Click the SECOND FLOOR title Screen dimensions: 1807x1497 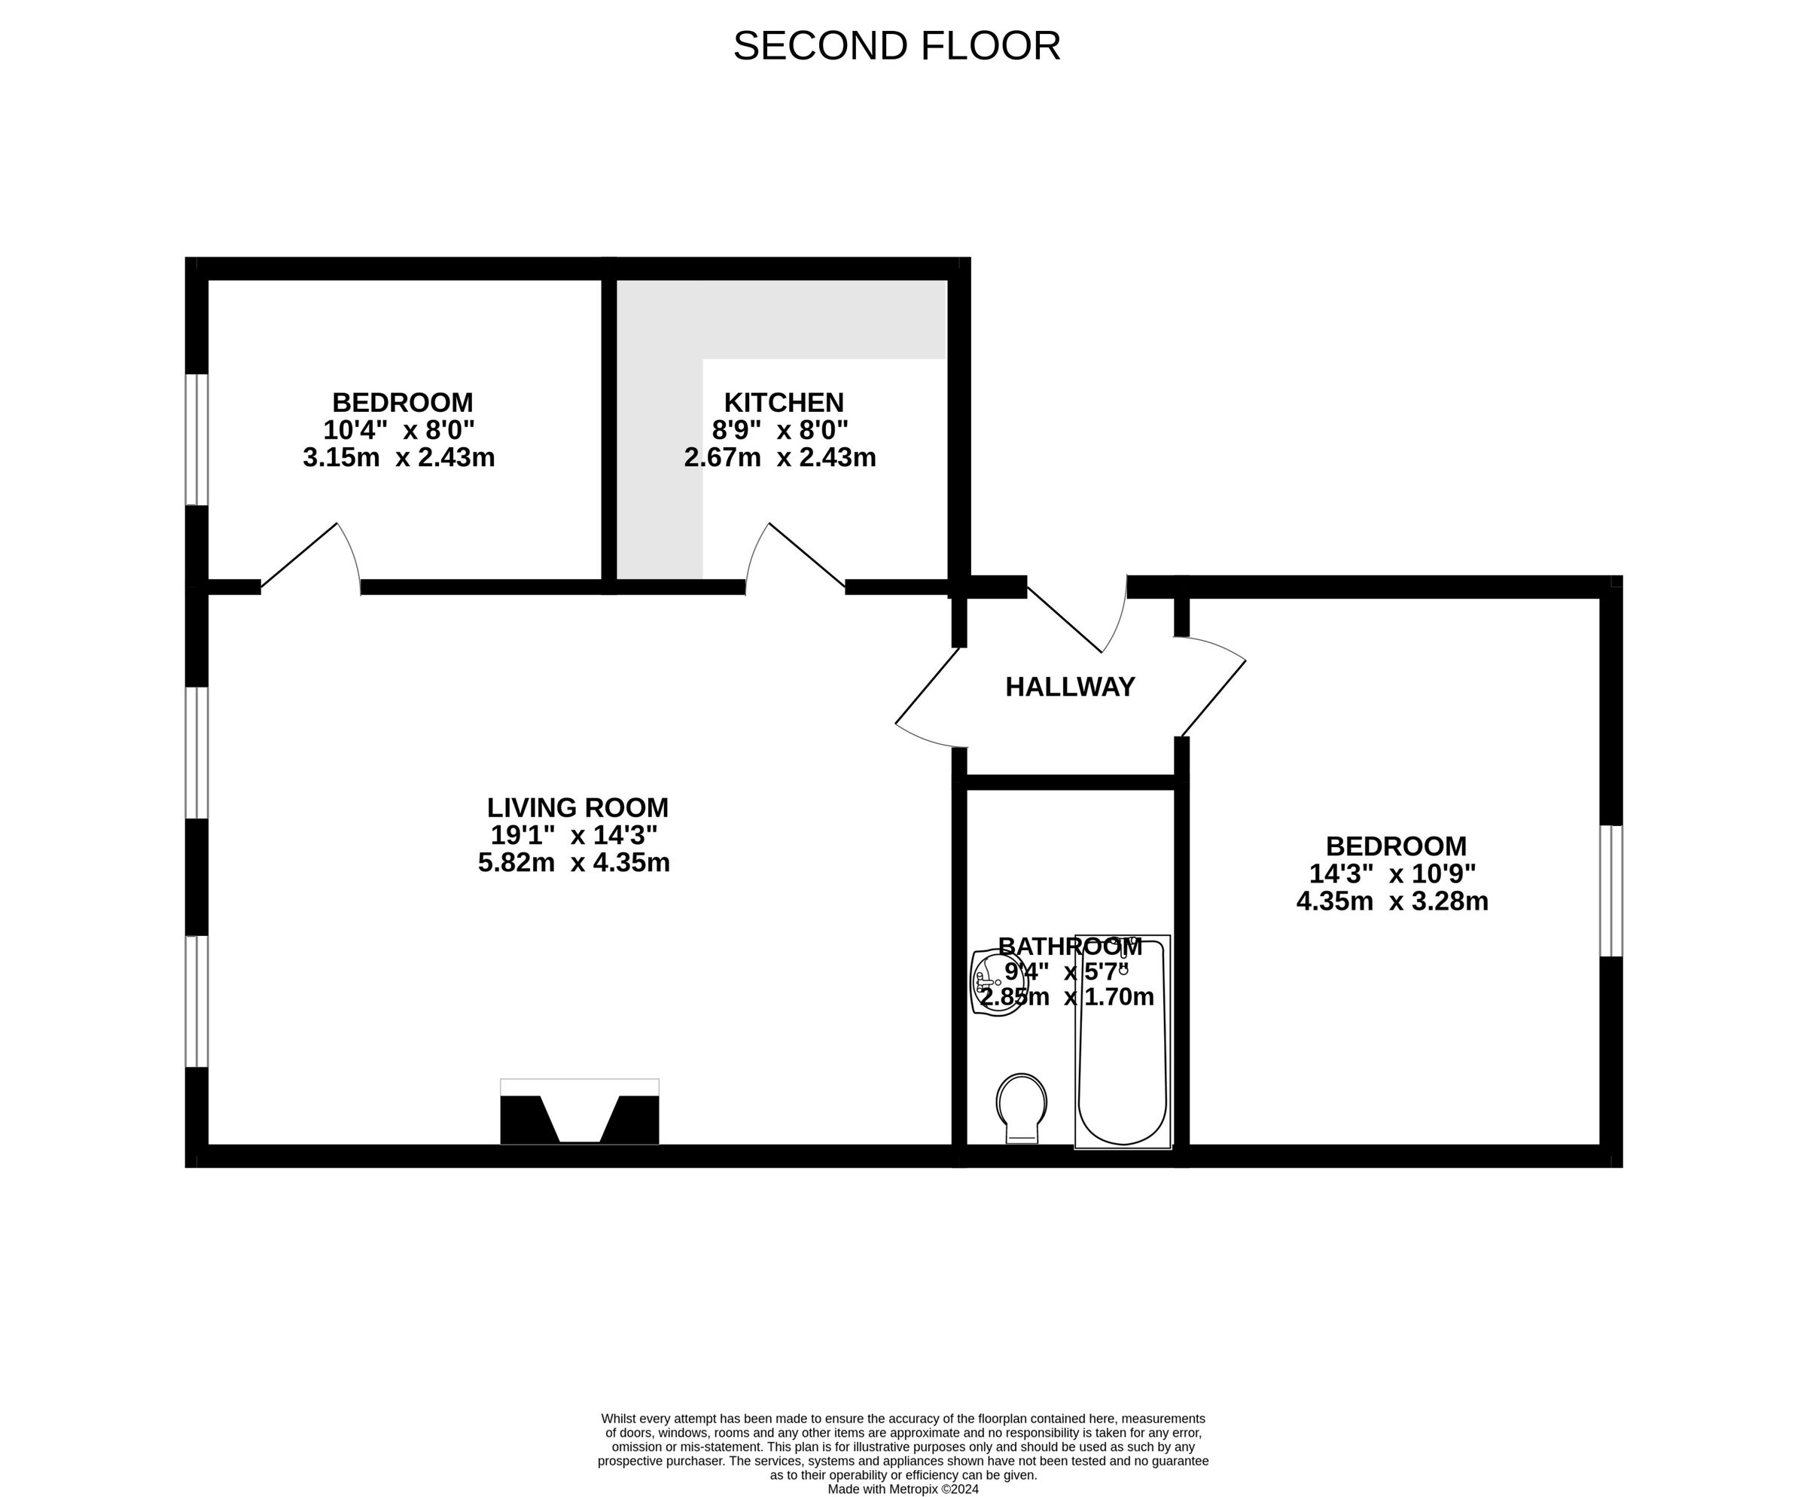(x=897, y=46)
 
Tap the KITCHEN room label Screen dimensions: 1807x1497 (x=784, y=403)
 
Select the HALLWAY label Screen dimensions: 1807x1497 (x=1071, y=687)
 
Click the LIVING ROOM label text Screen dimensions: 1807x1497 (x=577, y=808)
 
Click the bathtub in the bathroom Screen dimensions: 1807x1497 (x=1123, y=1042)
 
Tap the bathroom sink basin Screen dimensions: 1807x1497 (x=998, y=983)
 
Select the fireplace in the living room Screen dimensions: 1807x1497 (x=580, y=1111)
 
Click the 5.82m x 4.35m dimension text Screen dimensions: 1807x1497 (x=574, y=862)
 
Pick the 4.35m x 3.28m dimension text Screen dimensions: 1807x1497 (x=1392, y=901)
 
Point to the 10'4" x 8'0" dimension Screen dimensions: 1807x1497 (x=399, y=429)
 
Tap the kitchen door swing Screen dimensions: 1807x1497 (x=794, y=557)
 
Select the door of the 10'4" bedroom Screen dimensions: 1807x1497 (x=311, y=557)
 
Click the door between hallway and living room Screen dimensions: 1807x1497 (x=930, y=699)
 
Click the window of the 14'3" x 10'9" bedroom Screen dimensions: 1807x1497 (x=1610, y=891)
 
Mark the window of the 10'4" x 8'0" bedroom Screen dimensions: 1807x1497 (x=197, y=439)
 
